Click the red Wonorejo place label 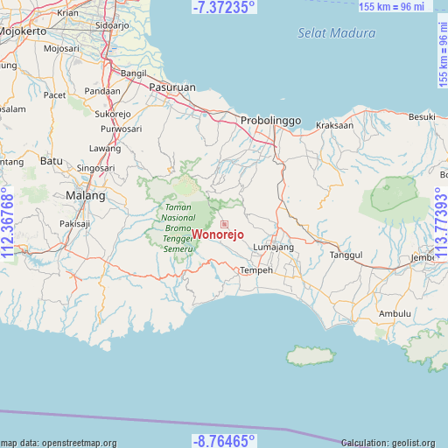(219, 234)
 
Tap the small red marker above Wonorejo (224, 224)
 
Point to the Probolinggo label (270, 120)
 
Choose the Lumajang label (273, 248)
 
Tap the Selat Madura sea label (336, 33)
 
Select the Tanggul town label (346, 255)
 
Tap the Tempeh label (256, 270)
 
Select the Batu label (52, 161)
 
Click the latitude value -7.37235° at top (224, 7)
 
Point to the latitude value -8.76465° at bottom (224, 440)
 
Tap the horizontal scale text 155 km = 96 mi (394, 6)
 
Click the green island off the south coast (311, 356)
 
